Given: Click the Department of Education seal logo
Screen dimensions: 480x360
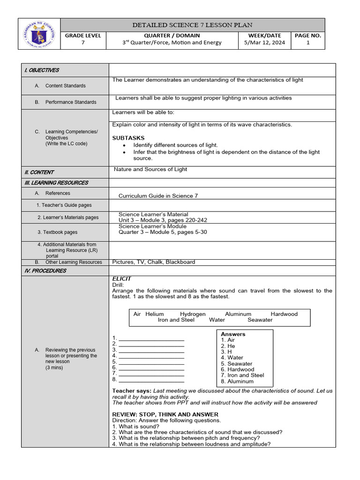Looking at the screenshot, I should pos(39,34).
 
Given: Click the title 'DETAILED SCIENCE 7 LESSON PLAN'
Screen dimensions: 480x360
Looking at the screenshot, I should pos(193,25).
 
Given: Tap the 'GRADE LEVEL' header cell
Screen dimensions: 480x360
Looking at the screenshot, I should pos(83,35).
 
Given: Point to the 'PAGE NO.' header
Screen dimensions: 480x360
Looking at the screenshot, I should pos(308,35).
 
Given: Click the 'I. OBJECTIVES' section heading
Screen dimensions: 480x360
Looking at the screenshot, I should pos(42,70).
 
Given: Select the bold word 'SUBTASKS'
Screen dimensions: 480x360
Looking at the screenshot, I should pos(128,138).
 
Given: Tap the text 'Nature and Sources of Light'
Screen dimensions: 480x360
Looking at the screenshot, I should pos(150,169).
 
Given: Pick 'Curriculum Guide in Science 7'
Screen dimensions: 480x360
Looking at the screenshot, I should pos(158,196).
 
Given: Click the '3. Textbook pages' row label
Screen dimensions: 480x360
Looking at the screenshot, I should pos(58,232).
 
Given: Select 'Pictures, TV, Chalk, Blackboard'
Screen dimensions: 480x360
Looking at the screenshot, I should pos(154,262).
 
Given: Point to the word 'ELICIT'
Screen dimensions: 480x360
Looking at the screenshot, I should pos(122,278).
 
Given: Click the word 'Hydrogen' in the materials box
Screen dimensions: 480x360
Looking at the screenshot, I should pos(193,314).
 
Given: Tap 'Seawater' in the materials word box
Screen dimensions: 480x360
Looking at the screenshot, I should pos(260,320).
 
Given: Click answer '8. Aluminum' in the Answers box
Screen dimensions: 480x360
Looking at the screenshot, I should pos(237,381).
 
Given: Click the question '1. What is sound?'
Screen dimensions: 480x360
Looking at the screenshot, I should pos(135,427).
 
